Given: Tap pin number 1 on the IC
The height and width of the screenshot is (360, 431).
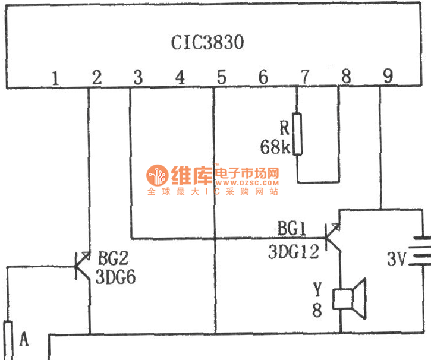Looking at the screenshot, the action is click(x=55, y=77).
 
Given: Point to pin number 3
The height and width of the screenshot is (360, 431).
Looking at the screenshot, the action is click(x=138, y=77).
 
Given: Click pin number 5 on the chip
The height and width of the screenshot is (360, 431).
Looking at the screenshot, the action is click(x=221, y=77).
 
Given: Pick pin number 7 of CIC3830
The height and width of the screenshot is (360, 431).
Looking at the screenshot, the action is click(x=304, y=77).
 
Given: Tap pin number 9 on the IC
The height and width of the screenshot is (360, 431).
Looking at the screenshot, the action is click(x=388, y=77).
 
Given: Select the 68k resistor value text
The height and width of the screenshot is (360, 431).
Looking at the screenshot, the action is click(x=275, y=147).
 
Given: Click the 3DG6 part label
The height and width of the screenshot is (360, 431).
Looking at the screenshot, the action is click(x=117, y=276).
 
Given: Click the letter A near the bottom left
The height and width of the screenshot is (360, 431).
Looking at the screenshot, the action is click(x=24, y=339).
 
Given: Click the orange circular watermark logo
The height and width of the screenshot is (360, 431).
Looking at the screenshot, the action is click(x=158, y=176).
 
